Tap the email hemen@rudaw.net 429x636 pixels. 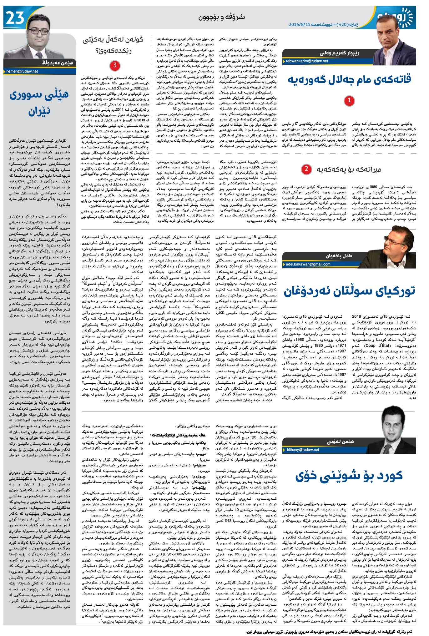[x=22, y=71]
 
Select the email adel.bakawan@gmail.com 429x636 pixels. [x=308, y=264]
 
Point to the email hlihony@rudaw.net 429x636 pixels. [x=303, y=450]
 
